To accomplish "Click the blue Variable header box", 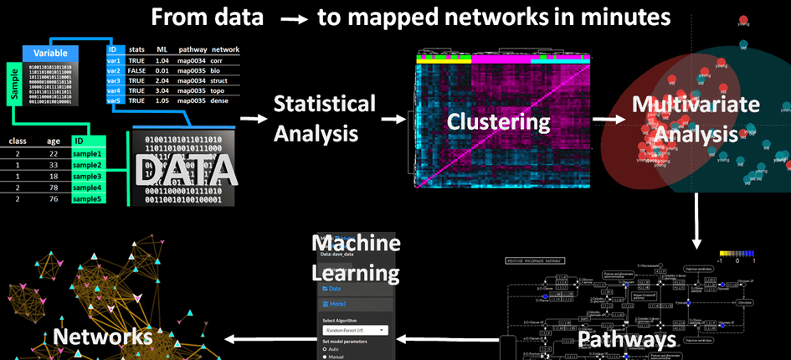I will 49,52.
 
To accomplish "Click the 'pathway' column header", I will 192,50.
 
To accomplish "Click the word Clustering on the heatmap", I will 498,121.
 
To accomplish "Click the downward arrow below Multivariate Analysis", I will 696,221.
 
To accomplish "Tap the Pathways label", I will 626,339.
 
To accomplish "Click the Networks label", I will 103,337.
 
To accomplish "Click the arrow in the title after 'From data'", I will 290,18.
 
